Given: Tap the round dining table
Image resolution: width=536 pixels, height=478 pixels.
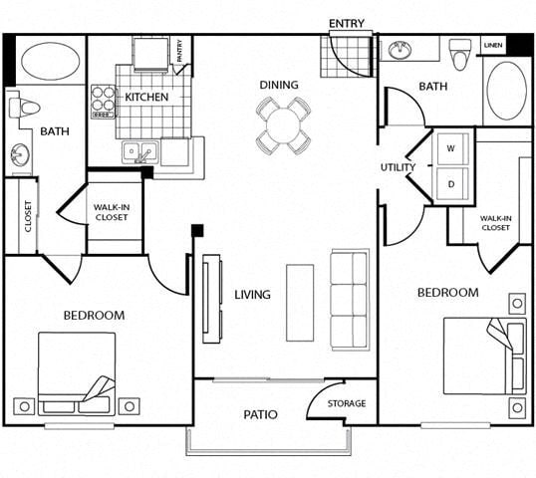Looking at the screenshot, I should [283, 125].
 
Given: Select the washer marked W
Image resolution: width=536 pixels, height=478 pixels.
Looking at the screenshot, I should [449, 148].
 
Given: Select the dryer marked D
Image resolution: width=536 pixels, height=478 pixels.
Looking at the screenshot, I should [449, 183].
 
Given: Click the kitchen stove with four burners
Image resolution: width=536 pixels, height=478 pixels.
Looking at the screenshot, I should [104, 102].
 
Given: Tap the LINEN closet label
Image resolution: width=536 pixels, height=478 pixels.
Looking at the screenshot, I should [493, 46].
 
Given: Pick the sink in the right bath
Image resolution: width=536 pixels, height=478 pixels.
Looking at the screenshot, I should [402, 49].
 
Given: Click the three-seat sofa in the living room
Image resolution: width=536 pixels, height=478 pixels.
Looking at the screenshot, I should [351, 298].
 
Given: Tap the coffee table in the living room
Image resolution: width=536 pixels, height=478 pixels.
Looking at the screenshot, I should [300, 302].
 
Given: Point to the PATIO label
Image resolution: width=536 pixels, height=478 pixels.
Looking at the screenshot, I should [260, 414].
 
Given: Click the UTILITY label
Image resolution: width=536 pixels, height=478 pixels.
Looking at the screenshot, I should [397, 167].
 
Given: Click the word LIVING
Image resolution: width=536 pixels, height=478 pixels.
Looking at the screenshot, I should [253, 295].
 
